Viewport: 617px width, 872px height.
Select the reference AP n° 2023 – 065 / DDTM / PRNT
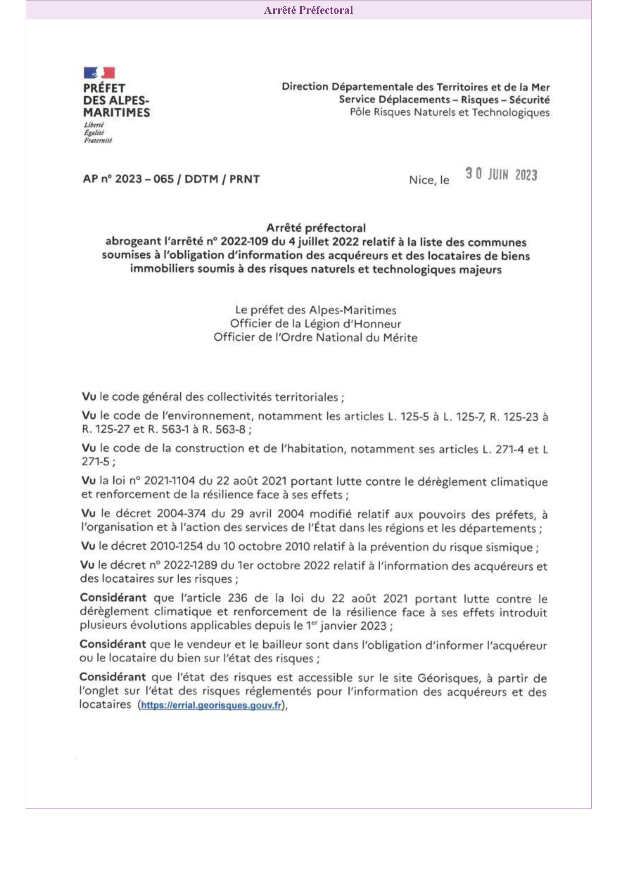(171, 179)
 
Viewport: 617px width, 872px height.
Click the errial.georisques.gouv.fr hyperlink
(211, 705)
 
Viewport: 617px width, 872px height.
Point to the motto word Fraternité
(98, 140)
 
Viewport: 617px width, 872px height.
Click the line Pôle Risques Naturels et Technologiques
(450, 112)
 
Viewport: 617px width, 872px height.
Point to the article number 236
(237, 598)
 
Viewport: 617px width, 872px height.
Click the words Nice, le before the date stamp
(429, 180)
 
